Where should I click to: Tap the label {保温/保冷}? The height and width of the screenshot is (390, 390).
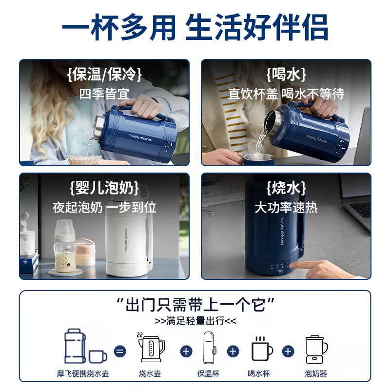point(104,75)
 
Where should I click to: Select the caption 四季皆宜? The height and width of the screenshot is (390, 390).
point(104,93)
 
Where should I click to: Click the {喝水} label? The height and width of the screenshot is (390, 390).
point(286,75)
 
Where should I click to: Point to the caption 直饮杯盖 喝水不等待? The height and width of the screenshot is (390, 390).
point(286,93)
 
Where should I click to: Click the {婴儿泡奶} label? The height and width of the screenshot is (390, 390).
point(104,188)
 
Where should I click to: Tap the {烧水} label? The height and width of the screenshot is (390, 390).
point(286,188)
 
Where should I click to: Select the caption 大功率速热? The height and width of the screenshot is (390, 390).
point(286,207)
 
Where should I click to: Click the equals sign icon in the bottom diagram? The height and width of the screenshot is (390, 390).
point(120,351)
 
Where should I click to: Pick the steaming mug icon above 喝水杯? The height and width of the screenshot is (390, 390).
point(261,349)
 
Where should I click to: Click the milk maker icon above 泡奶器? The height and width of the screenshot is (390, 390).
point(316,349)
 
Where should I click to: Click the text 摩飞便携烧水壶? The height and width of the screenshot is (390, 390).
point(82,374)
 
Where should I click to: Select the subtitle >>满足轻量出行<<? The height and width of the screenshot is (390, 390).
point(195,321)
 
